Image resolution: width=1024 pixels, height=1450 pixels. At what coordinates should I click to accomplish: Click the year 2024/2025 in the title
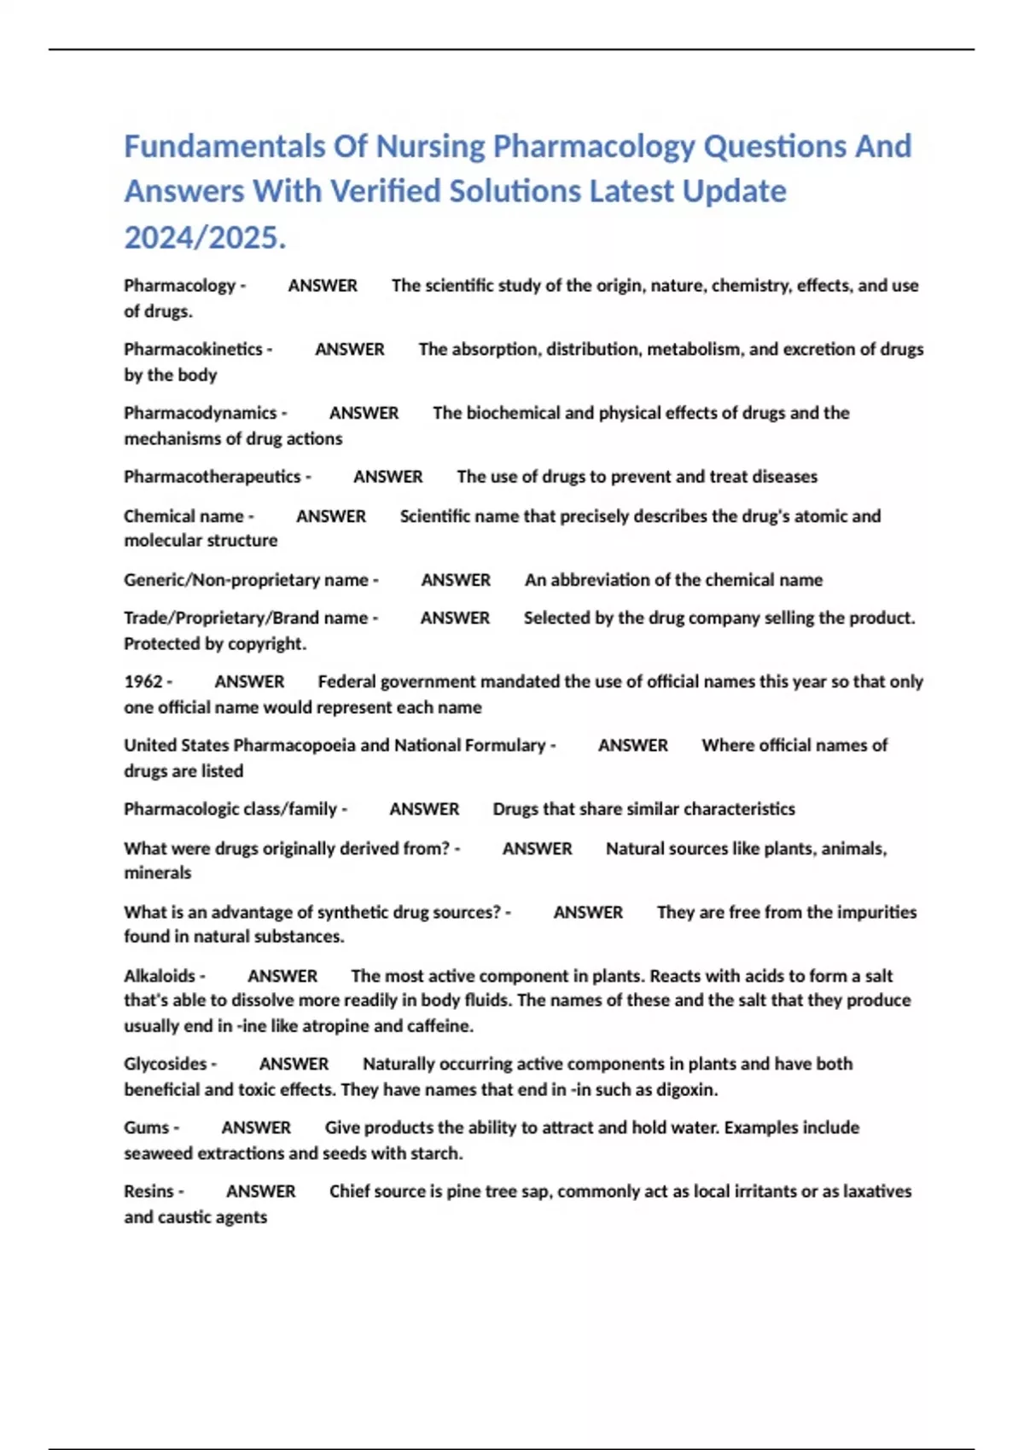pyautogui.click(x=204, y=237)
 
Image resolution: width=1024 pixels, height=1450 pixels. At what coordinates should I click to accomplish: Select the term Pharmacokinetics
pyautogui.click(x=193, y=349)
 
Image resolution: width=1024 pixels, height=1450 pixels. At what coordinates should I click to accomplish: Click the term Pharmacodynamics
pyautogui.click(x=200, y=413)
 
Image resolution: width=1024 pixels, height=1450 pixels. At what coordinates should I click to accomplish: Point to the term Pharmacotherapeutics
pyautogui.click(x=212, y=476)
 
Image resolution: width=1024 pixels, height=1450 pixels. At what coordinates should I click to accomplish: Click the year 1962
pyautogui.click(x=143, y=681)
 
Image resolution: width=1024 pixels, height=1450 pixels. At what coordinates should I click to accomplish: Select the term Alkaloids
pyautogui.click(x=160, y=976)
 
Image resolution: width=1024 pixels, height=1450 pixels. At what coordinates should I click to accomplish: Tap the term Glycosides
pyautogui.click(x=166, y=1064)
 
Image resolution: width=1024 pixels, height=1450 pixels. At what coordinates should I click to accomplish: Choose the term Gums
pyautogui.click(x=147, y=1128)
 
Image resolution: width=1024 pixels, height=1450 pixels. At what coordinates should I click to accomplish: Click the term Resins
pyautogui.click(x=148, y=1192)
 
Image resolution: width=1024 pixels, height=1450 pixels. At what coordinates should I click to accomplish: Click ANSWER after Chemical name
pyautogui.click(x=331, y=516)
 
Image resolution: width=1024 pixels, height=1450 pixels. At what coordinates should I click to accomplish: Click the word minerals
pyautogui.click(x=158, y=873)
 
